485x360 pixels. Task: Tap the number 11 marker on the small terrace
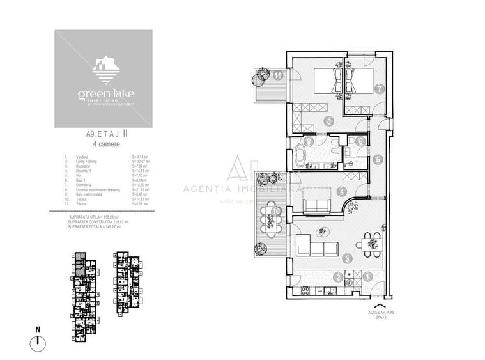click(277, 75)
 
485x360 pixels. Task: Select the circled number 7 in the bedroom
click(379, 90)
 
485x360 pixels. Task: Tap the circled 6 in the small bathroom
click(361, 142)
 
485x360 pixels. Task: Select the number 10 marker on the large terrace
click(276, 210)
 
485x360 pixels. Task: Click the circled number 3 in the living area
click(346, 259)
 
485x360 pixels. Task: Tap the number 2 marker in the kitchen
click(337, 277)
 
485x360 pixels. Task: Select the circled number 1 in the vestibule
click(368, 277)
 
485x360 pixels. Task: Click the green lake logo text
click(103, 94)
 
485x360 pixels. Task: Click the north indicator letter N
click(38, 329)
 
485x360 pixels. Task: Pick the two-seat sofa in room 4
click(315, 205)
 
